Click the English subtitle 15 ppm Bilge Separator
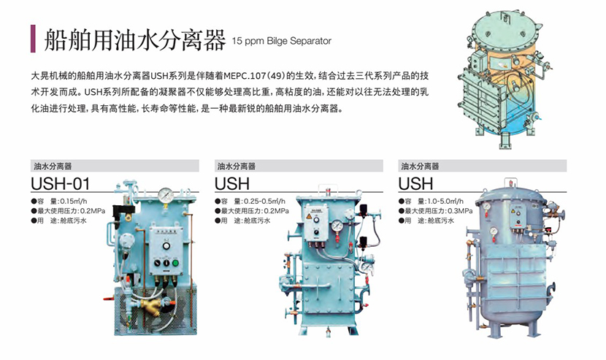tap(281, 41)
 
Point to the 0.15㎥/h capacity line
tap(63, 201)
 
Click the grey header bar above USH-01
tap(114, 166)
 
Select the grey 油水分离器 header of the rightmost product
tap(482, 166)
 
